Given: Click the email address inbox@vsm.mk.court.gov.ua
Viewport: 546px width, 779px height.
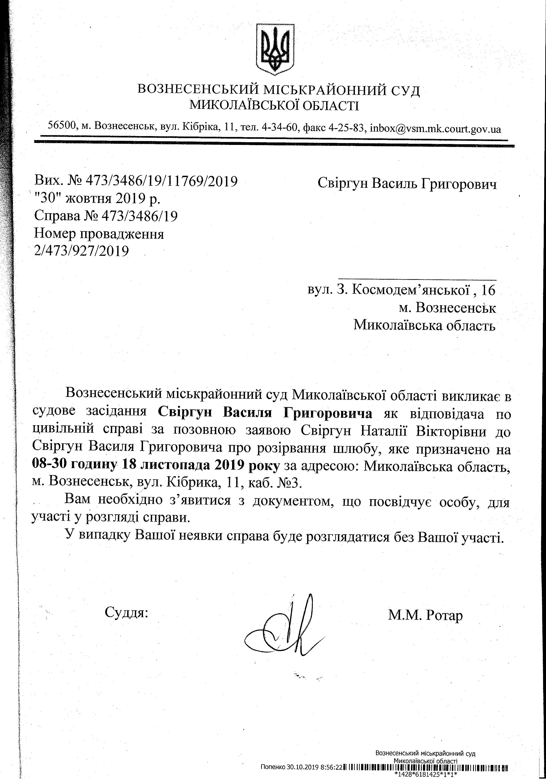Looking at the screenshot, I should [435, 129].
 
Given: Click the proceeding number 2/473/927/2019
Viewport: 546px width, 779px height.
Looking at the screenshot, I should [81, 251].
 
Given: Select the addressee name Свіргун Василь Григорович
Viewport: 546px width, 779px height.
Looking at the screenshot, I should [407, 184].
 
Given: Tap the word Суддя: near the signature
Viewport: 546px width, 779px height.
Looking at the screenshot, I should [126, 612].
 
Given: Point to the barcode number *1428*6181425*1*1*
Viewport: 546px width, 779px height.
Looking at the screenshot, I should [426, 775].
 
